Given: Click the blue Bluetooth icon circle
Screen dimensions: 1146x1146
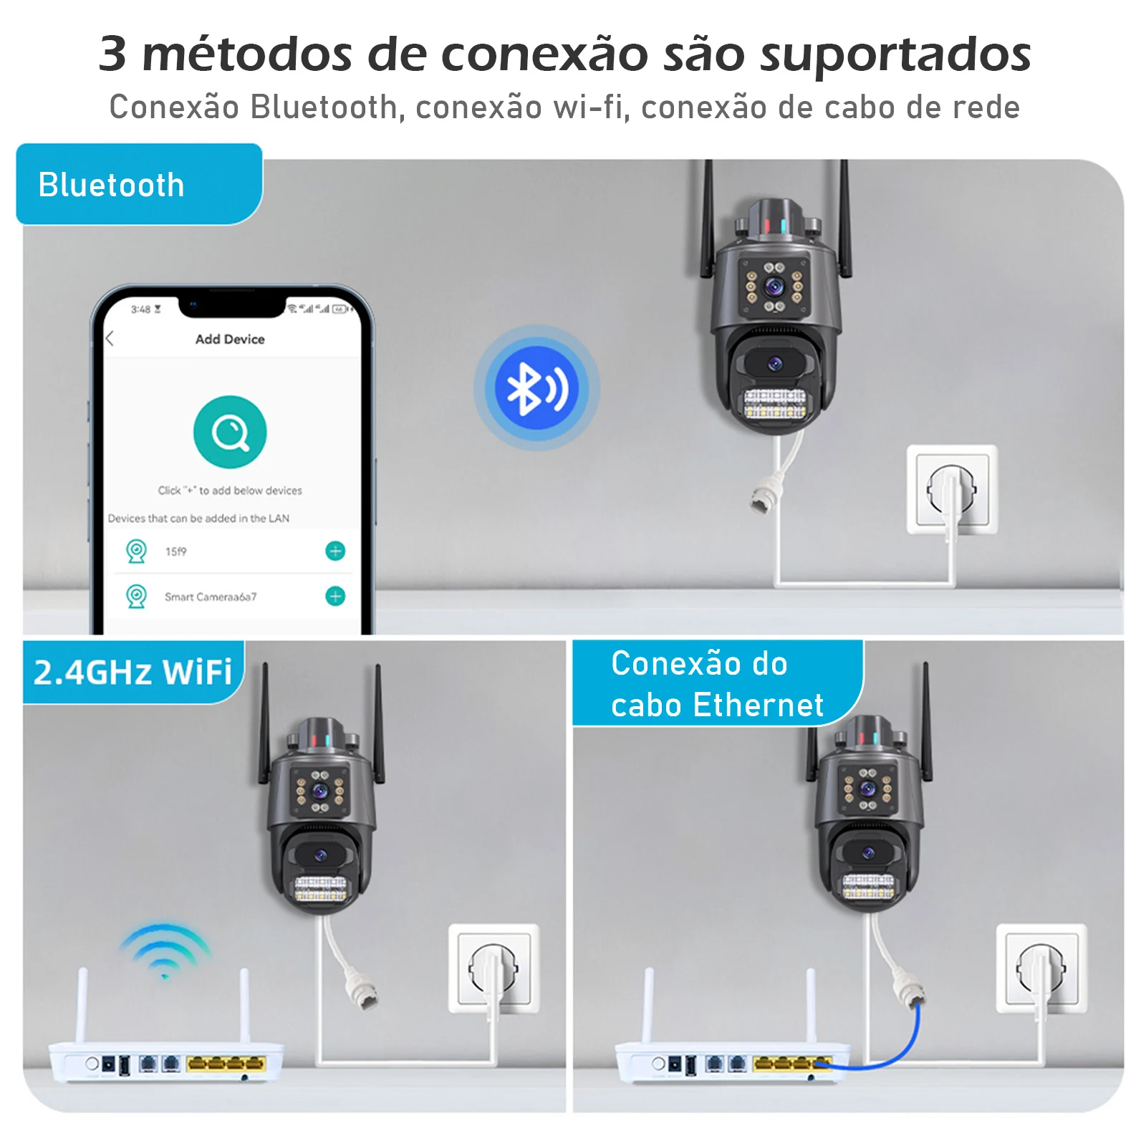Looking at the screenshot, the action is point(536,387).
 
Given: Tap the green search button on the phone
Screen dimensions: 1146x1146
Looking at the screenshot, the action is point(230,432).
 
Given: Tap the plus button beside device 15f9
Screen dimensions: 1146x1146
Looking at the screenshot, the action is point(335,551).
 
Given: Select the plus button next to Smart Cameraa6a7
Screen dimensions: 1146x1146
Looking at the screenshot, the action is point(335,596).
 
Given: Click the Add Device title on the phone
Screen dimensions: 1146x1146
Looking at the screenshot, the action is point(230,340).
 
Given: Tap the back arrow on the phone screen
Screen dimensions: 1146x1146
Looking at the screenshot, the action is point(110,339).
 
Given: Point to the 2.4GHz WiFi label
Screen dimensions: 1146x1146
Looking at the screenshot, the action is point(133,673).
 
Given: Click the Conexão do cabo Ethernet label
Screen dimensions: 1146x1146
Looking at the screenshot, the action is point(718,684).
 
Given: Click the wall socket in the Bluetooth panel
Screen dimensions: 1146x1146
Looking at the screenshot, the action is point(952,489).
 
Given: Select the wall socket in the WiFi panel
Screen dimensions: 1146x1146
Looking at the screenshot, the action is point(493,968).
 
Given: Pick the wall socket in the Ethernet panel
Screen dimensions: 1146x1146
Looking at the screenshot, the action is point(1041,968).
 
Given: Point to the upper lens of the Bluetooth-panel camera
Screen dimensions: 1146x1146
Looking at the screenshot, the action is point(774,287).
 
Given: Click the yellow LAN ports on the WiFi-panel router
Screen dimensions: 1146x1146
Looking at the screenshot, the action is point(226,1064).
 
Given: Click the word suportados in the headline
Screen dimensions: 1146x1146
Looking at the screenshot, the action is point(895,54).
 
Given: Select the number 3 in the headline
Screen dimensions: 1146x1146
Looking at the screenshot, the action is point(112,54).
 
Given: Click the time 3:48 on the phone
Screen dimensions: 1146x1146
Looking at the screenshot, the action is point(140,309).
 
